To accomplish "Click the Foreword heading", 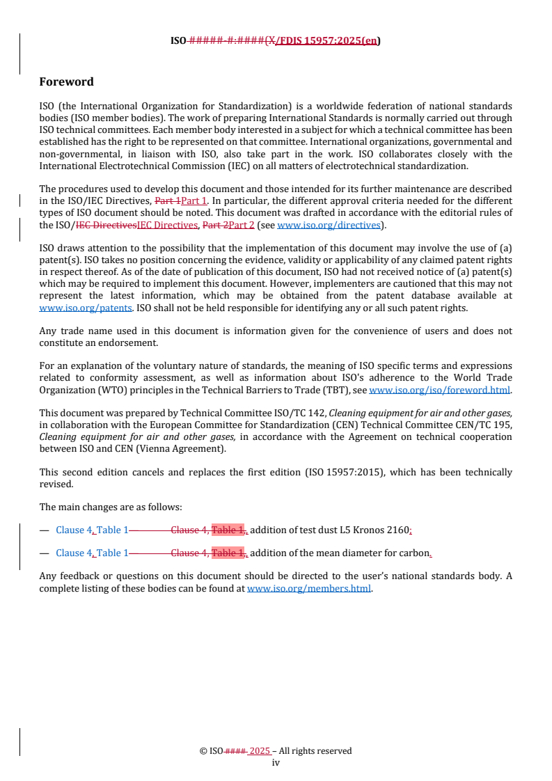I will click(66, 82).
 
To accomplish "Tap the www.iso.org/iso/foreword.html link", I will click(439, 390).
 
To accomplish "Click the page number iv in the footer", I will click(276, 762).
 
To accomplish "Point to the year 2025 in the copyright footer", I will click(260, 751).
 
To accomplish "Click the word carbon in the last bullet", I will click(416, 553).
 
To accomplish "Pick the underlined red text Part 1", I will click(194, 201).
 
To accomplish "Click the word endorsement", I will click(129, 343).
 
